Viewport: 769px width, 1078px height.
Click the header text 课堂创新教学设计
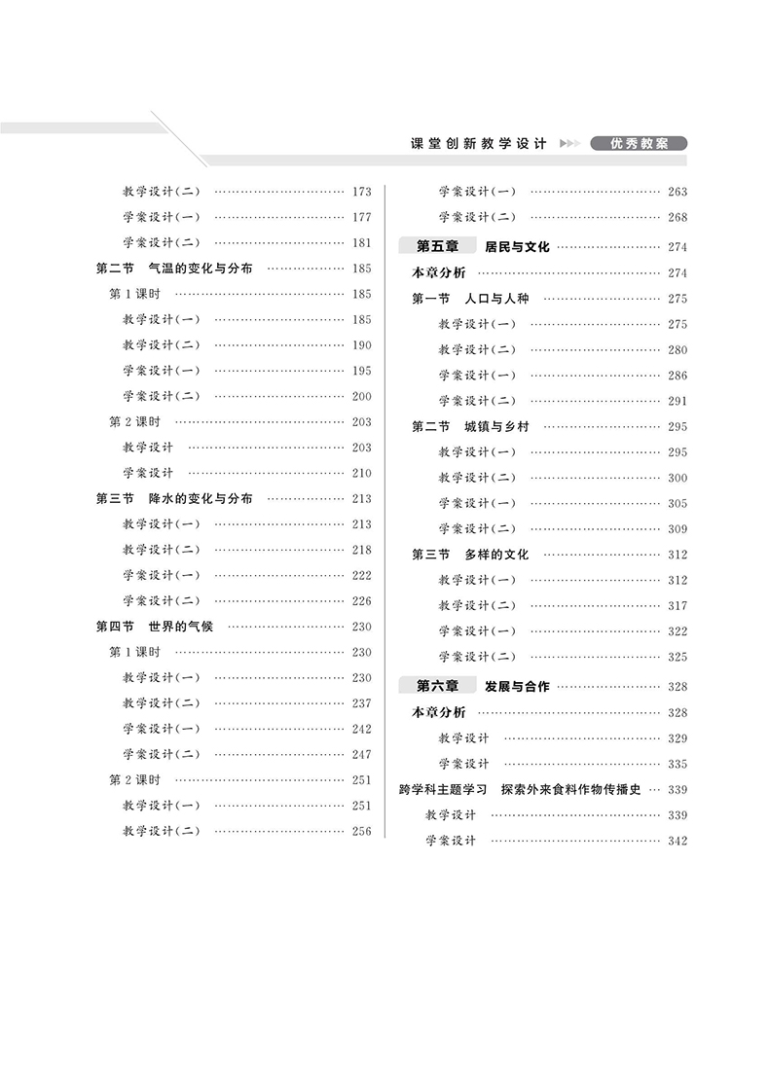point(480,143)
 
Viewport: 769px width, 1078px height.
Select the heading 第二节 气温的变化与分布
point(174,268)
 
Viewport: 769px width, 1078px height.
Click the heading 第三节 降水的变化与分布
point(174,498)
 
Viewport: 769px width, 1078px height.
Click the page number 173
point(361,192)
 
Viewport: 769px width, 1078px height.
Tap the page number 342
point(677,841)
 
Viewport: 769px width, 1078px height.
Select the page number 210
point(361,474)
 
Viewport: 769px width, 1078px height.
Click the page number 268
point(677,218)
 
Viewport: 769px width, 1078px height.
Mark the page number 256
point(361,832)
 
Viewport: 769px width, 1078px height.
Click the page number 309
point(677,529)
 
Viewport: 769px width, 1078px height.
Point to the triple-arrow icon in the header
point(569,144)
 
